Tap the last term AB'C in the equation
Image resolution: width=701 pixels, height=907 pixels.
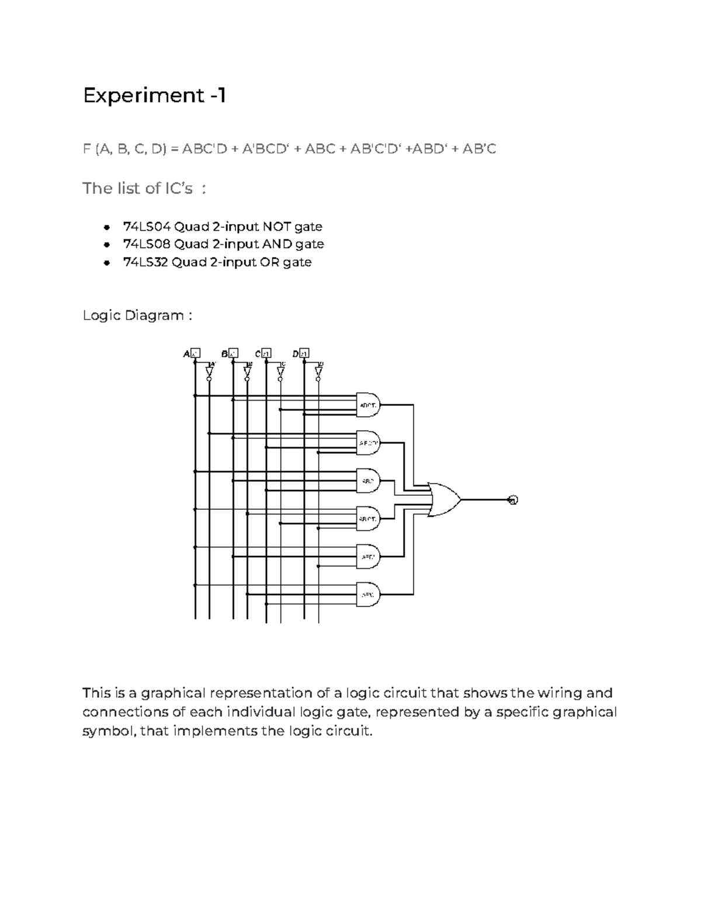479,149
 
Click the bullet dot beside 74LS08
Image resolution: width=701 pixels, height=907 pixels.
106,245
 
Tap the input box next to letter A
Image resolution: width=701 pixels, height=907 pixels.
196,353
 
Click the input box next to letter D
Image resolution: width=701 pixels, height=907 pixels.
305,353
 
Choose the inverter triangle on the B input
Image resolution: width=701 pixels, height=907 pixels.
247,371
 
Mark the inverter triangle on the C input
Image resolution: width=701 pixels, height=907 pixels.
280,371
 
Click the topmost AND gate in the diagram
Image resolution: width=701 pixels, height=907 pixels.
368,404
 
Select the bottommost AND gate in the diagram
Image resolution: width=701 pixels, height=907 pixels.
368,594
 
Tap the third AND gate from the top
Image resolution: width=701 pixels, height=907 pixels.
368,481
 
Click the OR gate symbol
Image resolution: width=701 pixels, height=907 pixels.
444,500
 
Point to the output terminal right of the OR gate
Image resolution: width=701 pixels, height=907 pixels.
513,500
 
